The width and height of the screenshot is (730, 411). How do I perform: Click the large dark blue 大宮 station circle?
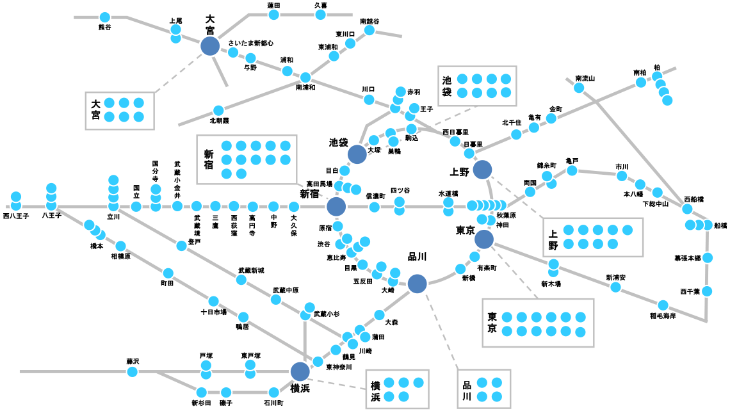(209, 45)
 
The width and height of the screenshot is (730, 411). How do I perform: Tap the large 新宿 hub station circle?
(336, 206)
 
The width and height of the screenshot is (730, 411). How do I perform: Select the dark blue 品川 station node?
(417, 284)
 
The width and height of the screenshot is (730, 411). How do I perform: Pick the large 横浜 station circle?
(300, 371)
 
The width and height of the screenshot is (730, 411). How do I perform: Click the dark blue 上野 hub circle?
(482, 170)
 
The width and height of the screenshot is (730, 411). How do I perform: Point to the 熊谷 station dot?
(104, 17)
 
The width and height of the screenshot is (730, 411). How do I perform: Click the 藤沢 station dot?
(133, 371)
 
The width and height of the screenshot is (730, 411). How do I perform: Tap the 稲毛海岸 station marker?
(662, 304)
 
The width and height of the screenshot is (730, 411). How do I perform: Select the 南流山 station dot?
(579, 88)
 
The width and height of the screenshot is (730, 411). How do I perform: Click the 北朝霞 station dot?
(218, 110)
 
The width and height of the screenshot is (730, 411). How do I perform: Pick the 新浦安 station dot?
(615, 287)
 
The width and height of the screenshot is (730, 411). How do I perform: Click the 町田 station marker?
(168, 273)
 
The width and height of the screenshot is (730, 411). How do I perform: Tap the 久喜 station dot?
(321, 15)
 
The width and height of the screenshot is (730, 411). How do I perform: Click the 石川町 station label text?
(273, 403)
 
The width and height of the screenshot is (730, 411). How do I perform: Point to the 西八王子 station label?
(16, 216)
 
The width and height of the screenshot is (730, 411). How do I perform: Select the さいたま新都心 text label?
(251, 44)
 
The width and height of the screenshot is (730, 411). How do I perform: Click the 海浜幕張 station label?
(687, 258)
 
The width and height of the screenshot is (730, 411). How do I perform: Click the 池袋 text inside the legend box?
(447, 86)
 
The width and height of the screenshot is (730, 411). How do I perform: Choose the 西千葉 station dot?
(706, 291)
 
